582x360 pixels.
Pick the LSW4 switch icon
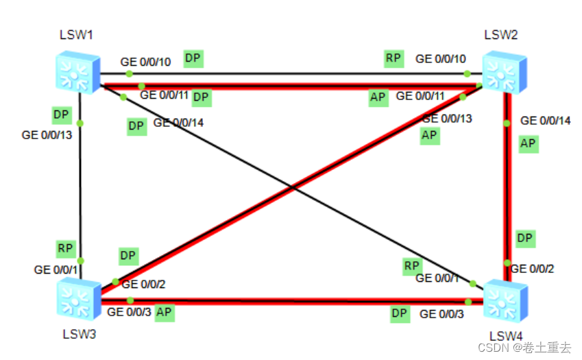click(x=505, y=300)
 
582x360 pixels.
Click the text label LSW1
click(x=76, y=35)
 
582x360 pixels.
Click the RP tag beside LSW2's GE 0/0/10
click(x=393, y=58)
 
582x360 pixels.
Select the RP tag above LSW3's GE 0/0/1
click(x=66, y=248)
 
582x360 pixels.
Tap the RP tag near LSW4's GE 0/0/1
click(x=411, y=265)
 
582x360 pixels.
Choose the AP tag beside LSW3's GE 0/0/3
click(x=163, y=313)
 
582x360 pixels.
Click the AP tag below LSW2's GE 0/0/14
click(x=528, y=143)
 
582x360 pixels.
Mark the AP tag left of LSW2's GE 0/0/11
click(x=378, y=98)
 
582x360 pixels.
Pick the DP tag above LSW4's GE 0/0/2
click(x=525, y=238)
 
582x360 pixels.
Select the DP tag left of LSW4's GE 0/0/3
click(x=400, y=313)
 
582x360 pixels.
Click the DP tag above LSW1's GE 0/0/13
click(x=61, y=114)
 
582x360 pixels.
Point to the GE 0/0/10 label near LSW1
click(x=145, y=62)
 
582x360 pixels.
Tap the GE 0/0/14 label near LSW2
click(x=545, y=121)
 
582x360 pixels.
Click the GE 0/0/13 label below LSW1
click(x=47, y=135)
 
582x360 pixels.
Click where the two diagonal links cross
click(x=293, y=187)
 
